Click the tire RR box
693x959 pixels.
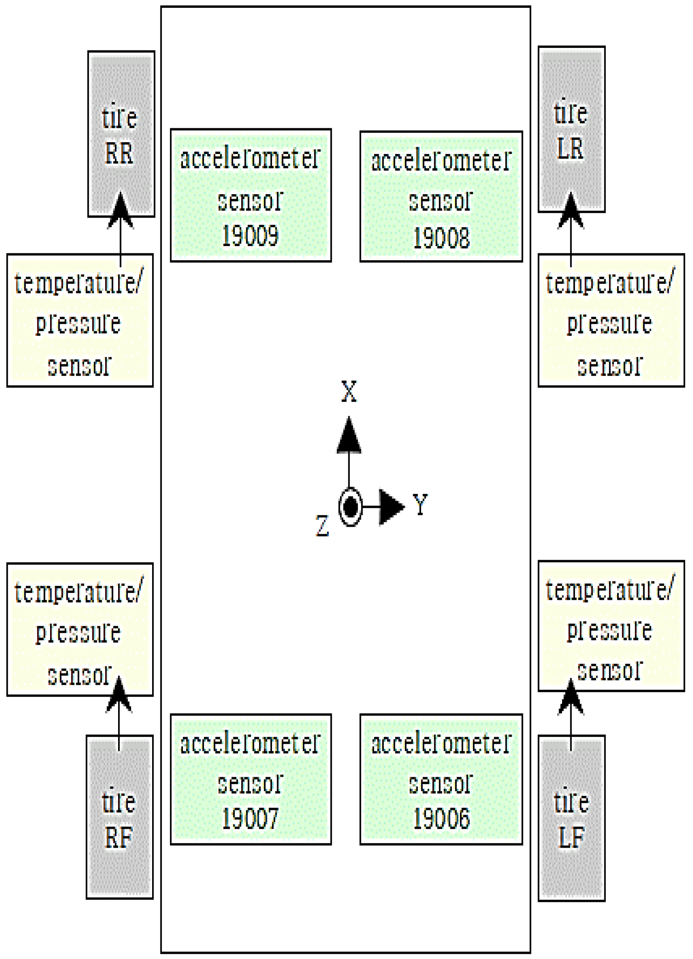121,133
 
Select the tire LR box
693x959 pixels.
571,129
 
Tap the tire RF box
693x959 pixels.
119,816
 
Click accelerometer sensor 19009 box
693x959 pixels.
251,195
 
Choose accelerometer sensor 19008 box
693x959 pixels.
441,196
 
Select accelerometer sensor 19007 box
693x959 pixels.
251,779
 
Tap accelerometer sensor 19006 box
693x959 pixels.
441,779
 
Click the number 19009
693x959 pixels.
250,236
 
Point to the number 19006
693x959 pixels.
442,819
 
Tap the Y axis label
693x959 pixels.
420,504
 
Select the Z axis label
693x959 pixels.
322,526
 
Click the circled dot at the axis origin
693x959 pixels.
350,507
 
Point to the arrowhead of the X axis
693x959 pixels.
349,435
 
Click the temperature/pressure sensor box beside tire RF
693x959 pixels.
80,629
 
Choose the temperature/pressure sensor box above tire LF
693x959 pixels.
611,626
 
